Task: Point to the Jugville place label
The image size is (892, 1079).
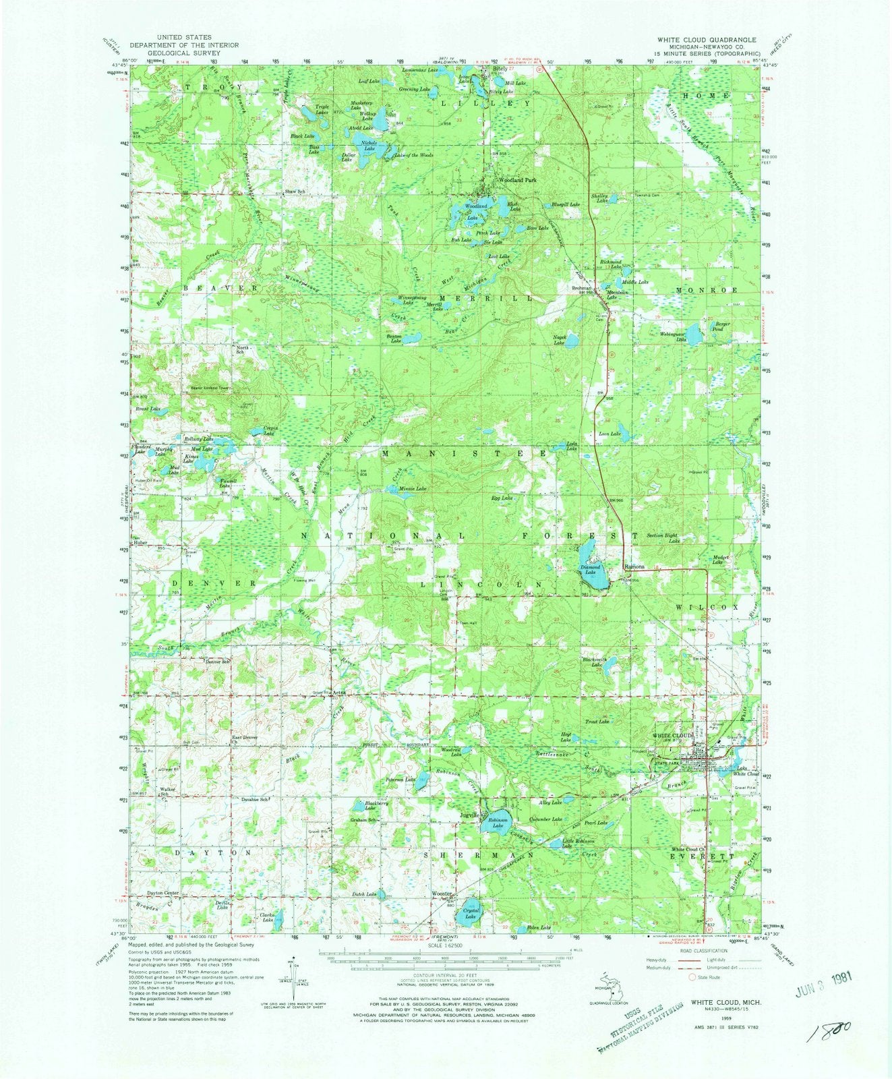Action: point(469,815)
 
